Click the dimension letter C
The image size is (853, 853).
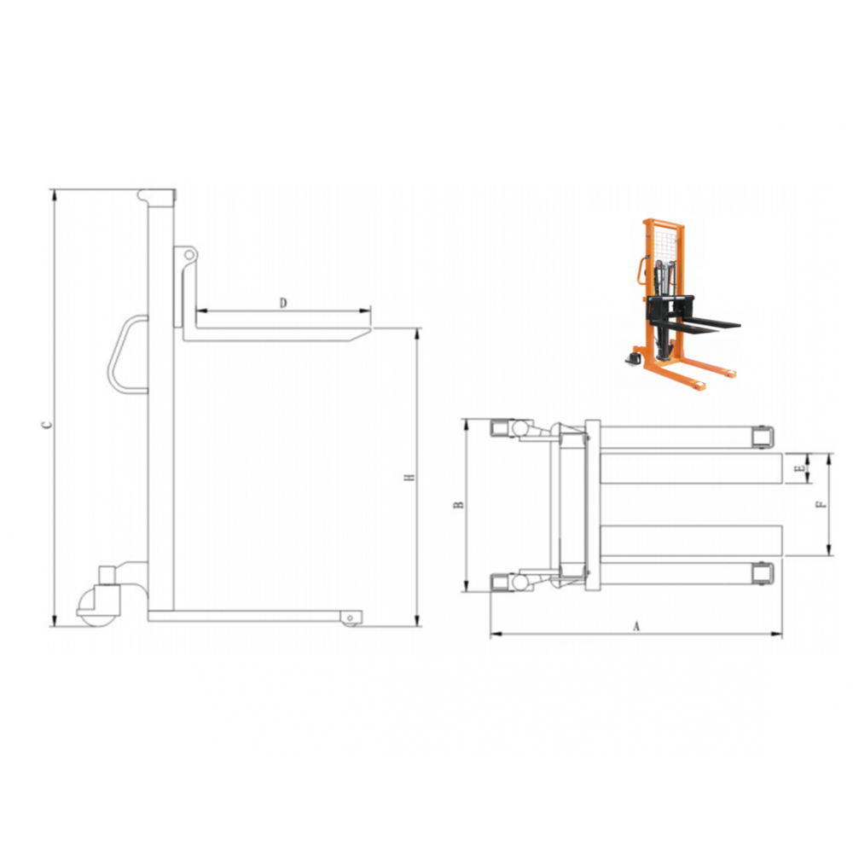pyautogui.click(x=48, y=424)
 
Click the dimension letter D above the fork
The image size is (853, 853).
pyautogui.click(x=283, y=303)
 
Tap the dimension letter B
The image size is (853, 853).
pyautogui.click(x=459, y=505)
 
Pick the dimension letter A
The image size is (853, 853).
pyautogui.click(x=636, y=627)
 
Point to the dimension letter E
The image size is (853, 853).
pyautogui.click(x=798, y=468)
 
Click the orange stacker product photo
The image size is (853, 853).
pyautogui.click(x=682, y=305)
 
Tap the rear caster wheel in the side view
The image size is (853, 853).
pyautogui.click(x=96, y=607)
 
